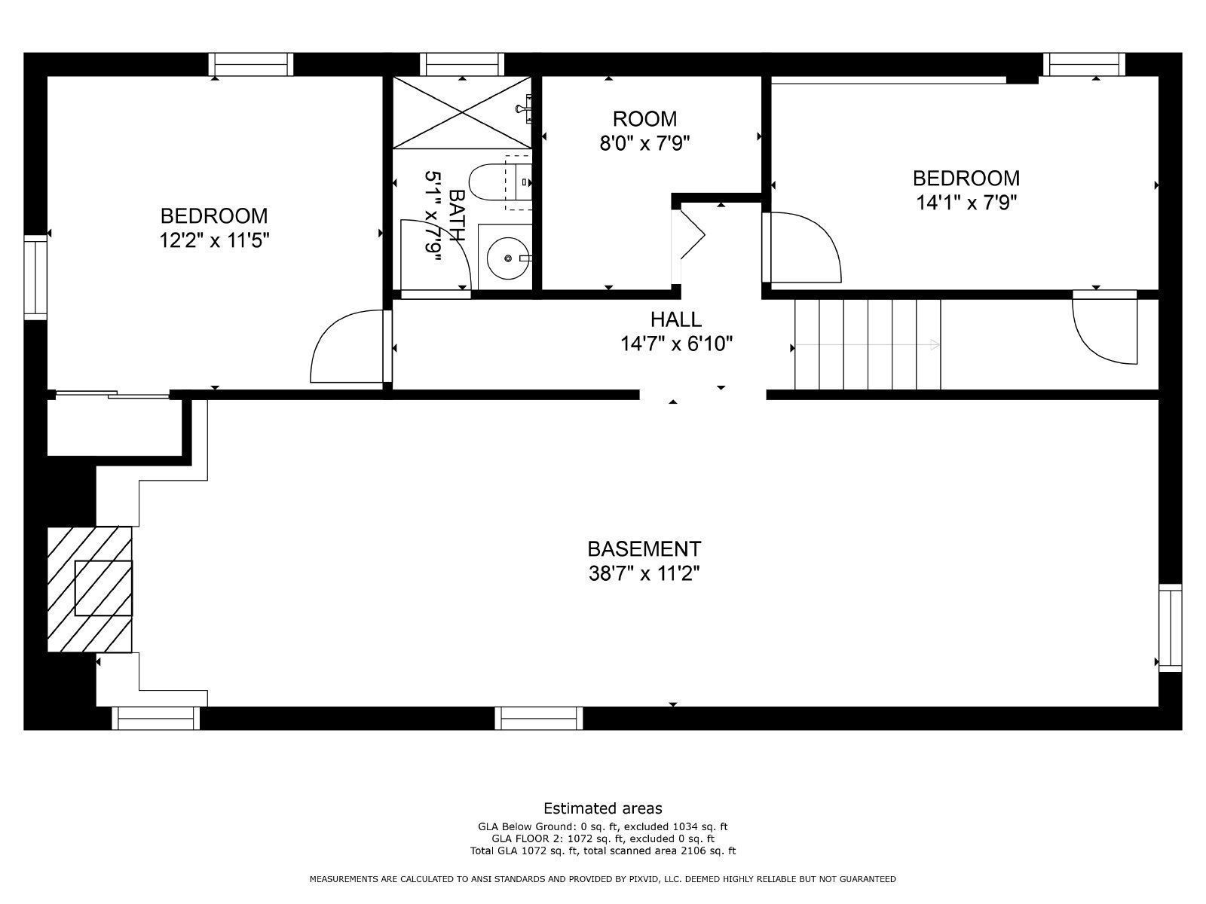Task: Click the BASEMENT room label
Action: (644, 548)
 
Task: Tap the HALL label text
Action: (675, 320)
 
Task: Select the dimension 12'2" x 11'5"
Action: (214, 241)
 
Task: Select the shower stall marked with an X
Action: (461, 113)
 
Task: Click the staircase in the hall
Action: (868, 344)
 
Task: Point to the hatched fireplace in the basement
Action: (90, 588)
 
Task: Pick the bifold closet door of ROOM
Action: (690, 233)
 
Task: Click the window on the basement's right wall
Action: (1170, 628)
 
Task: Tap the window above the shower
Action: (461, 65)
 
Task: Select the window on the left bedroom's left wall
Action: (35, 276)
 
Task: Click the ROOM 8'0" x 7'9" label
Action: (644, 130)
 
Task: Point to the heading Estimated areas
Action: (602, 808)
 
